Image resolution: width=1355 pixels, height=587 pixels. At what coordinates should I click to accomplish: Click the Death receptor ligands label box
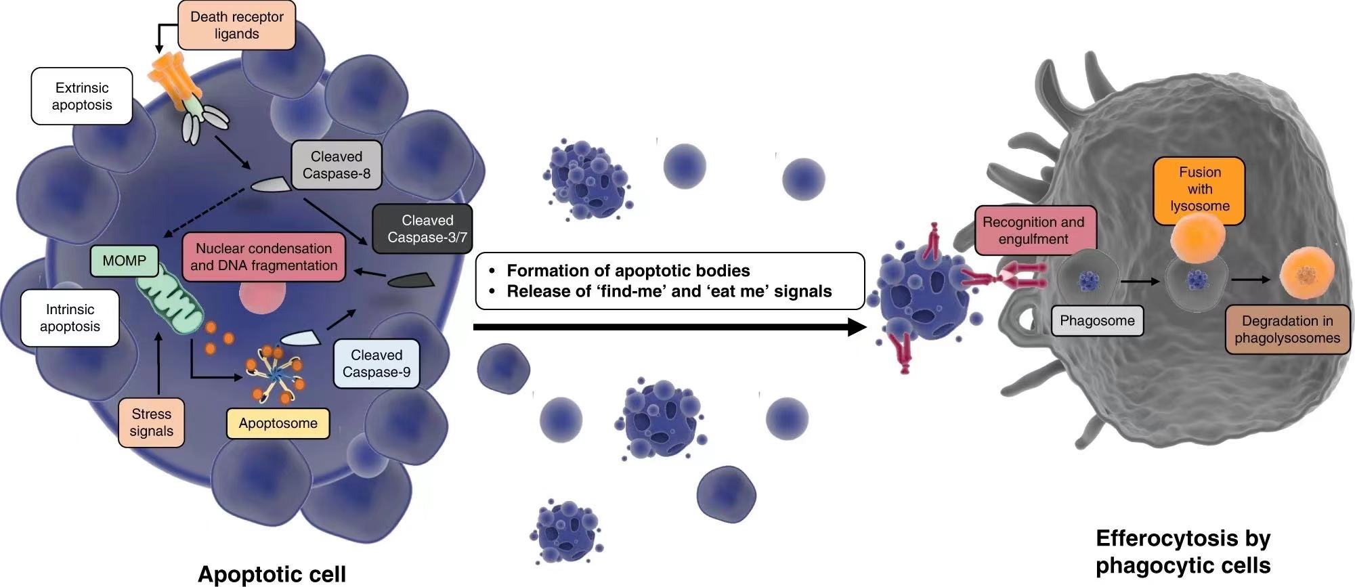(236, 26)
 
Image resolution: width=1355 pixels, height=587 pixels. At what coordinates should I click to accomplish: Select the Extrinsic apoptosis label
(82, 96)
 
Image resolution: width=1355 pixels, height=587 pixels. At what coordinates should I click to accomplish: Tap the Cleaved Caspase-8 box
(337, 165)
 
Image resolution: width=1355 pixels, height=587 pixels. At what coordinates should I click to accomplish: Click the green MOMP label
(124, 261)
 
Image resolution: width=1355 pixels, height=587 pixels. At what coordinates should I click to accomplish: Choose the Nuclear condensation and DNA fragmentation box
(263, 257)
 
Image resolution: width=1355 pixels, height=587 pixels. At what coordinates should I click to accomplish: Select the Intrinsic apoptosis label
(70, 318)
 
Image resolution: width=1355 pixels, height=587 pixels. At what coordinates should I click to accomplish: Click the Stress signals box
(152, 422)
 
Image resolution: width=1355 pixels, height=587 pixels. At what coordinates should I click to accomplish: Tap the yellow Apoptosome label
(278, 424)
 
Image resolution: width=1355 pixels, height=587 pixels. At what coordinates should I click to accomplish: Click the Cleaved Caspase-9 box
(377, 364)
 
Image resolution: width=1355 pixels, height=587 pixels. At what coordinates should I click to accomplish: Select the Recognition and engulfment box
(1033, 230)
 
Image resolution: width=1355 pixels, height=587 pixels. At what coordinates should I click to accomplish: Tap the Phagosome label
(1097, 321)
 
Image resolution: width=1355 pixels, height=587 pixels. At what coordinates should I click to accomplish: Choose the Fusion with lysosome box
(1199, 190)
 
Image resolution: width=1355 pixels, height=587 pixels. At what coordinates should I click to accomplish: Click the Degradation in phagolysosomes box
(1287, 330)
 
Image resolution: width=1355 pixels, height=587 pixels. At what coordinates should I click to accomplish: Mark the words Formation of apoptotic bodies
(628, 271)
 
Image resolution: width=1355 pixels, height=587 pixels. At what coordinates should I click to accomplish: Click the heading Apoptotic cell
(272, 574)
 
